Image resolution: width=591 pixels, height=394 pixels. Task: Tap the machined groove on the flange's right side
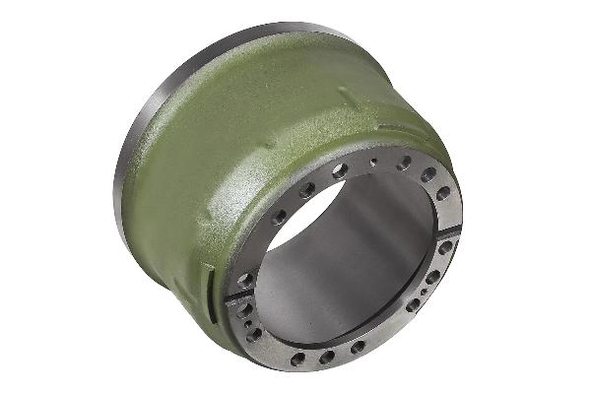448,233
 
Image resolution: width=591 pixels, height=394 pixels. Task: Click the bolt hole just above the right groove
443,193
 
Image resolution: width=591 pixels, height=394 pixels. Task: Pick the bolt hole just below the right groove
445,248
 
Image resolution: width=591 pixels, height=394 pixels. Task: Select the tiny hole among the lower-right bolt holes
424,292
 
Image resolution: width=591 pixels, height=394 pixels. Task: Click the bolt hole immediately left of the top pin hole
340,170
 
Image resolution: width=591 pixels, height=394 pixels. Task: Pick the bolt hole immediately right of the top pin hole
404,163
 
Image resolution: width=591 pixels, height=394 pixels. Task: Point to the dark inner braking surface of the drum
335,286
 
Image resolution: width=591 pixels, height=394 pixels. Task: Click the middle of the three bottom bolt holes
326,357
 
